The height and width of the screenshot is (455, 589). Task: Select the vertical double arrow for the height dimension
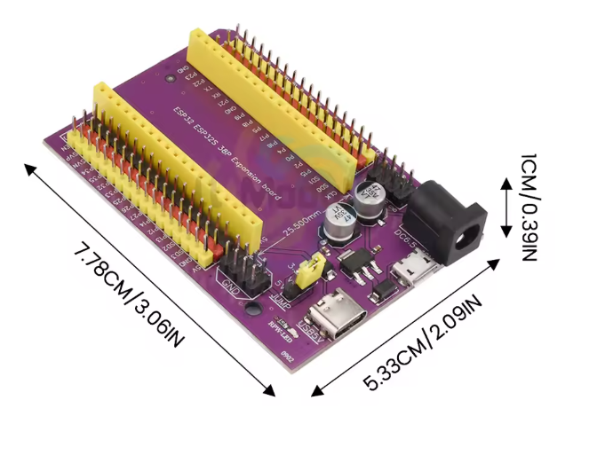505,208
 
